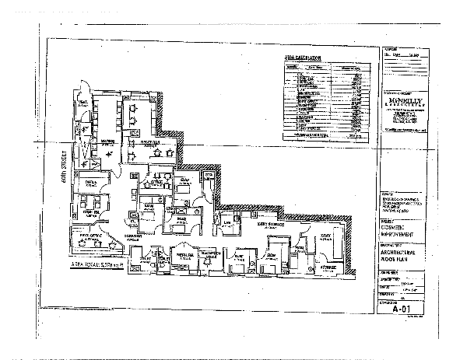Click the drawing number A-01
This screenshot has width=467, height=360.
click(402, 307)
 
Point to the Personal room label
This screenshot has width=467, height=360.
click(184, 254)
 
